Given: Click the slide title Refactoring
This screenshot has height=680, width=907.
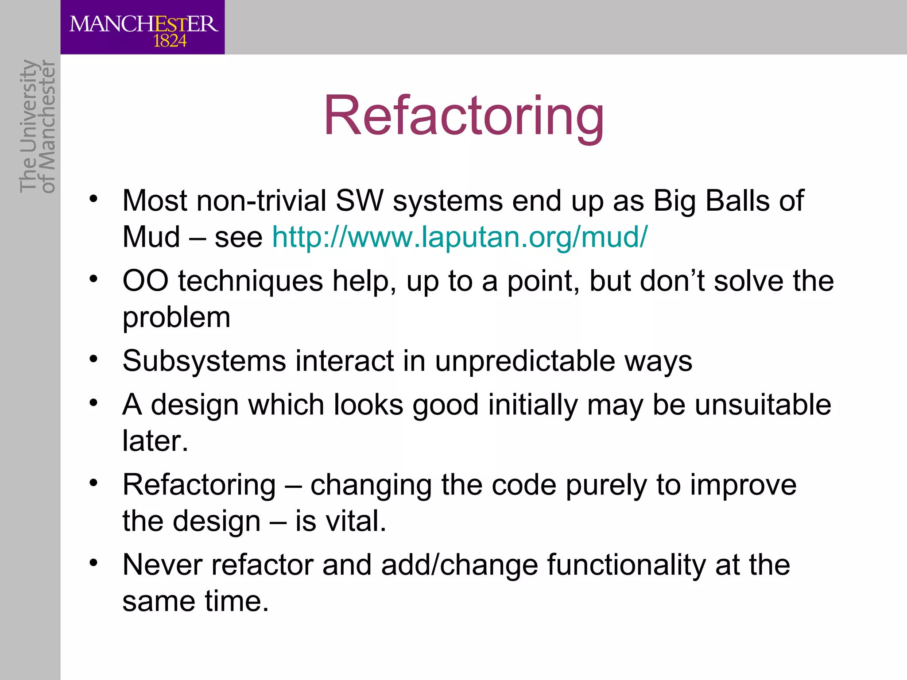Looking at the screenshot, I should click(x=464, y=116).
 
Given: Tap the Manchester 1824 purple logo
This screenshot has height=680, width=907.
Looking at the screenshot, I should click(x=143, y=27).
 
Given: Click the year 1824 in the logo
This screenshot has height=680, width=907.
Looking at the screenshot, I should click(x=170, y=41).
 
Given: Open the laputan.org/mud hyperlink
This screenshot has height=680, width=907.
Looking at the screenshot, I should click(x=459, y=237).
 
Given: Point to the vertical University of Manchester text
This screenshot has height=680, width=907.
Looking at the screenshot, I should click(x=38, y=126).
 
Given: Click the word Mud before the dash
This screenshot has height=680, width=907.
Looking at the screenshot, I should click(x=151, y=237).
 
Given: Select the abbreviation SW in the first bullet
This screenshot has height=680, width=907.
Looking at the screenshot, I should click(x=359, y=201).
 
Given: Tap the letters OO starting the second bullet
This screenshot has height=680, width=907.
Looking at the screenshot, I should click(x=145, y=281).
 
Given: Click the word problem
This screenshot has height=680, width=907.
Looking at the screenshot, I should click(x=176, y=318).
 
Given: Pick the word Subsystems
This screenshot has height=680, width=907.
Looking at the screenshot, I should click(x=204, y=361).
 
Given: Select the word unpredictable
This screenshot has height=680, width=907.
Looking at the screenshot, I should click(x=525, y=361).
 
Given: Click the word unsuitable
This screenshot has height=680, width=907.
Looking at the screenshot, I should click(x=763, y=405).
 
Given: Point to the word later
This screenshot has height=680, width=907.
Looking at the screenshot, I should click(x=155, y=441).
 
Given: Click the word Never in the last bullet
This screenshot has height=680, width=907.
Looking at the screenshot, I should click(x=162, y=565).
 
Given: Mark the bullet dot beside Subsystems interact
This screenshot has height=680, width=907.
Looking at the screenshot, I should click(x=93, y=359).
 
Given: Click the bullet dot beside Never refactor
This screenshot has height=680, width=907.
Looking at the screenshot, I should click(x=93, y=563).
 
